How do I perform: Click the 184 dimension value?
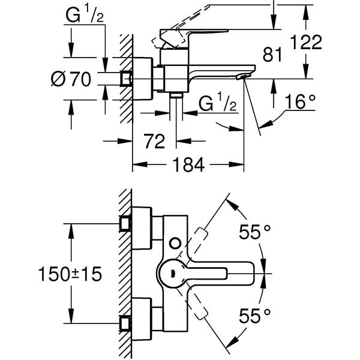tap(188, 164)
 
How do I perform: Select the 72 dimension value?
tap(155, 142)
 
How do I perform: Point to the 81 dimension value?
tap(273, 55)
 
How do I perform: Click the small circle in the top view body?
tap(176, 243)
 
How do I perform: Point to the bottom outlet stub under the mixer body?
tap(176, 97)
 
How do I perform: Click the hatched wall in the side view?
tap(125, 90)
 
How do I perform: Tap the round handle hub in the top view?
tap(172, 274)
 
